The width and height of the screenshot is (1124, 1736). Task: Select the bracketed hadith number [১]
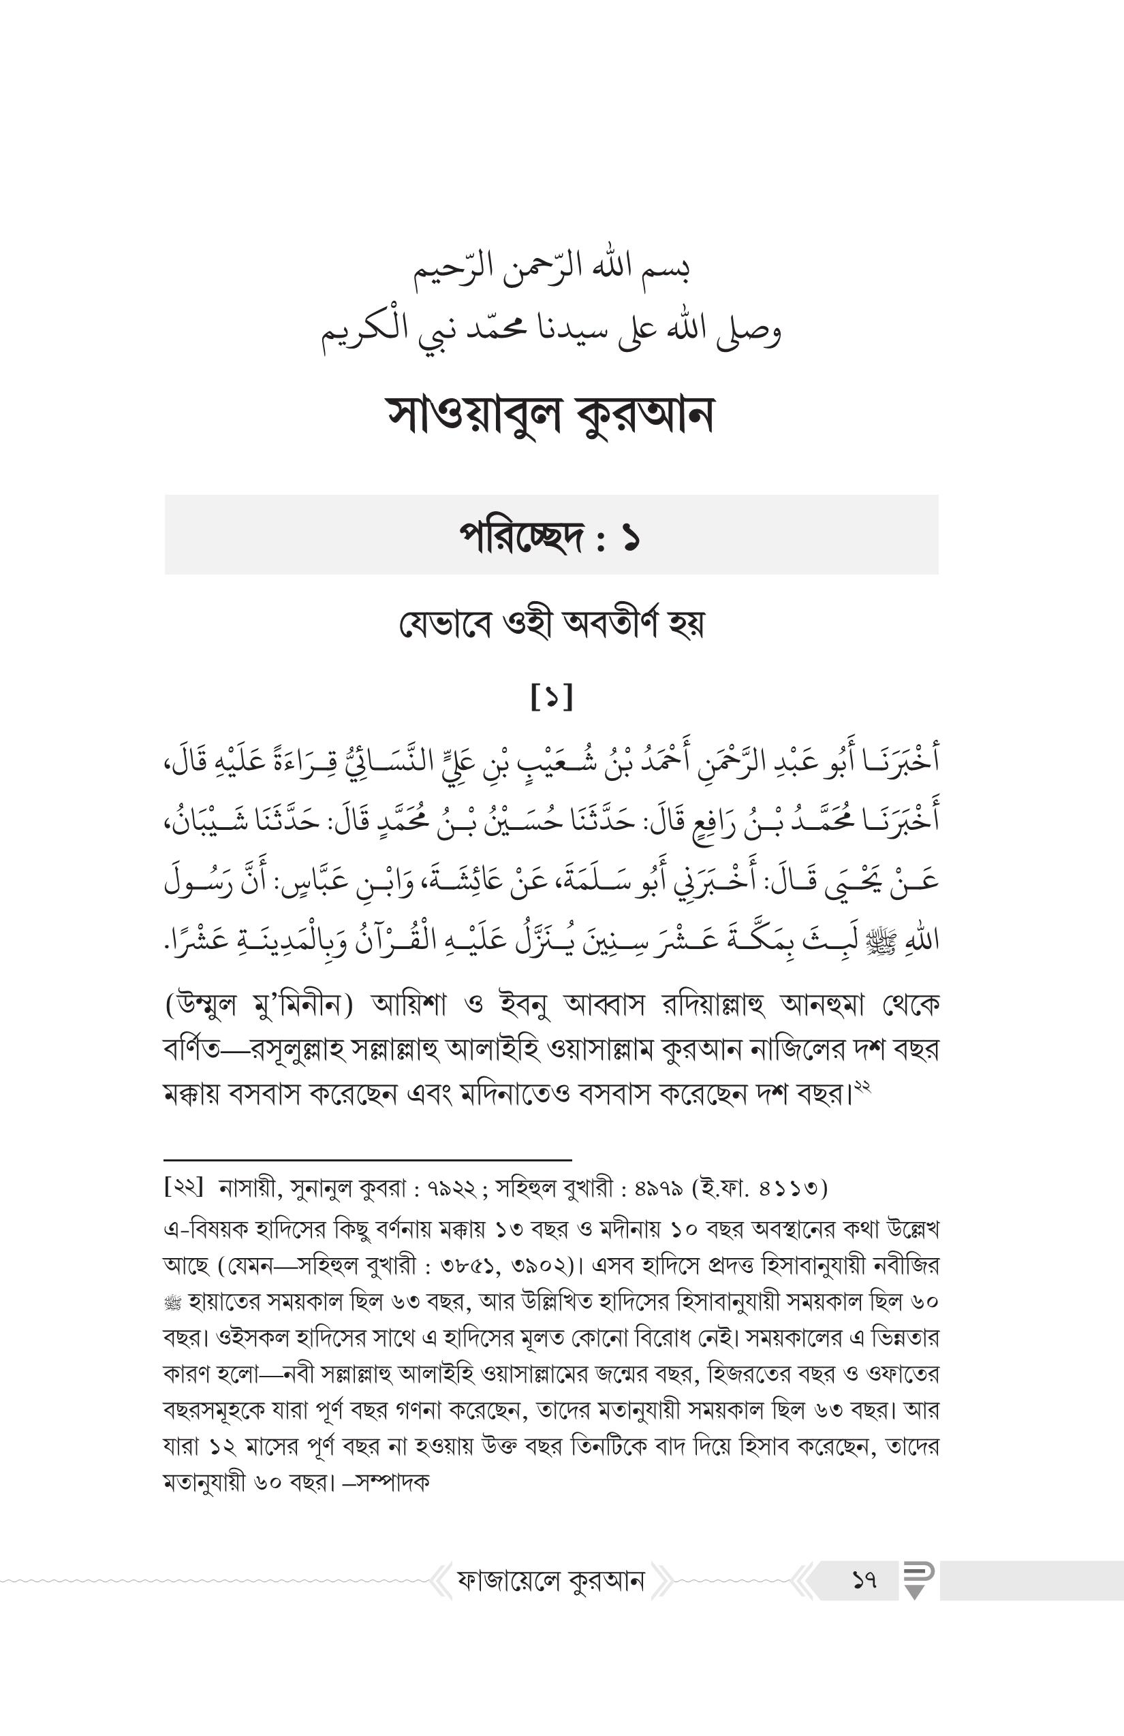click(552, 697)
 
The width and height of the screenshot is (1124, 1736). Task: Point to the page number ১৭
click(864, 1581)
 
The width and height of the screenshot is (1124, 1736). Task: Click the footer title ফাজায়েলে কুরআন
click(551, 1581)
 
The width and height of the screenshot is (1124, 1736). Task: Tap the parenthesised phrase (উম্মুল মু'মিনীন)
click(259, 1006)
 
